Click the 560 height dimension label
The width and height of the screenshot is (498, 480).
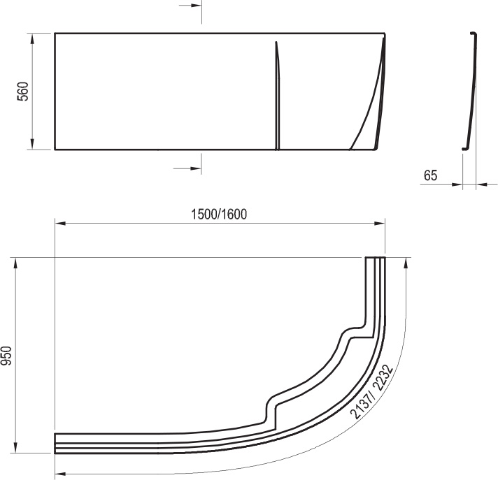click(22, 92)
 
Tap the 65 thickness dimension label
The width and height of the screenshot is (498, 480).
click(430, 176)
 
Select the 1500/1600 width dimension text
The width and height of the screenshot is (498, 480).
click(219, 214)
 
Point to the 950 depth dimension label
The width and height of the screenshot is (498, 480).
click(6, 356)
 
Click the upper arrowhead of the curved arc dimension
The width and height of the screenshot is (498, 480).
click(406, 263)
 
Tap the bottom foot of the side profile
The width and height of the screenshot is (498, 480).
click(464, 147)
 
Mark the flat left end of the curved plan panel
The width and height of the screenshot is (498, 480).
click(56, 443)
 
